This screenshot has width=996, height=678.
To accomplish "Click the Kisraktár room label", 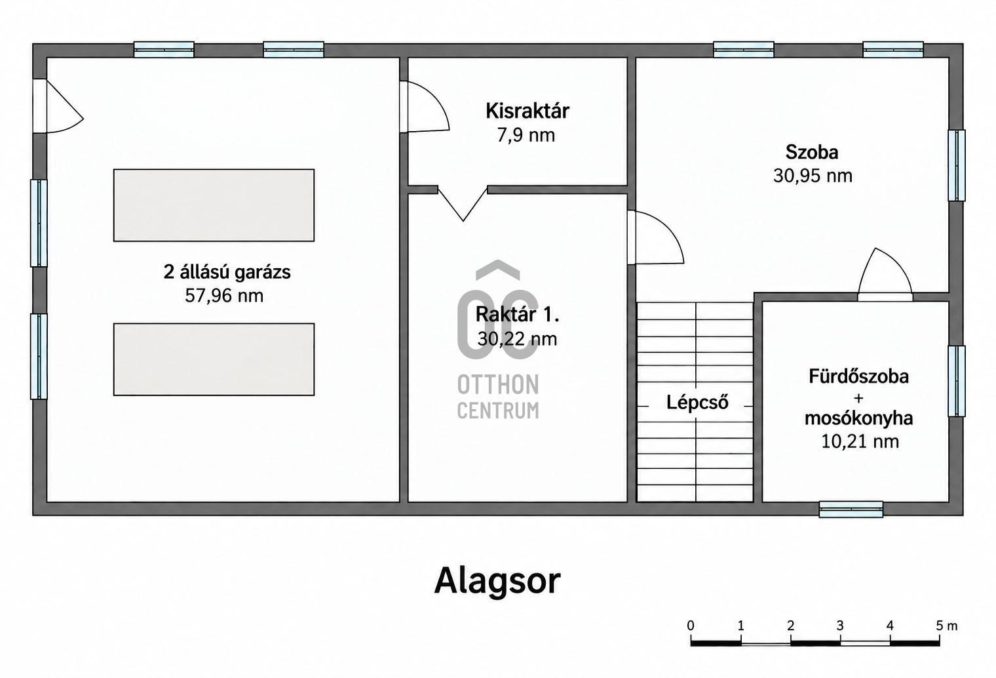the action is pos(527,111).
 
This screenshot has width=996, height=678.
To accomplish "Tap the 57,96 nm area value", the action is pos(224,296).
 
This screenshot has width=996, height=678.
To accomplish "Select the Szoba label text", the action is pos(812,152).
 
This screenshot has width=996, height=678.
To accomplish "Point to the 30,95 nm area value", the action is pos(813,176).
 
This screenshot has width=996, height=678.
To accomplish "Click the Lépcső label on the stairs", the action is pos(697,402).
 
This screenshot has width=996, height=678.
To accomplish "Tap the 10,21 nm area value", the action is pos(860,441).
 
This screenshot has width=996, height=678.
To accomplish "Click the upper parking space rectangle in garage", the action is pos(214,205).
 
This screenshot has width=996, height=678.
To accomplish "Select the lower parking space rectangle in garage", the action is pos(214,359).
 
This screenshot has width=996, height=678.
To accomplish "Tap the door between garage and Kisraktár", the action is pos(424,107).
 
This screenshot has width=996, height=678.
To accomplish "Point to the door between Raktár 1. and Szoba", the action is pos(655,237).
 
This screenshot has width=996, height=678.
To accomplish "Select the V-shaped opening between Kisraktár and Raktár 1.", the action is pos(463,203).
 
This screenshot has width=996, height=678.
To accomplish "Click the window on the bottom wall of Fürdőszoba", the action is pos(851,509).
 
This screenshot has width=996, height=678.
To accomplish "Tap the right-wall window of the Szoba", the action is pos(957,165).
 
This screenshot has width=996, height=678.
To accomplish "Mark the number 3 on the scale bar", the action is pos(840,626).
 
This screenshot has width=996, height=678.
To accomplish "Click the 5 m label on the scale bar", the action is pos(946,626).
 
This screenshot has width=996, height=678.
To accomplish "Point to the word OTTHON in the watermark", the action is pos(498,385).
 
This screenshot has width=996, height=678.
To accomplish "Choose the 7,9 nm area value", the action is pos(526,135).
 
